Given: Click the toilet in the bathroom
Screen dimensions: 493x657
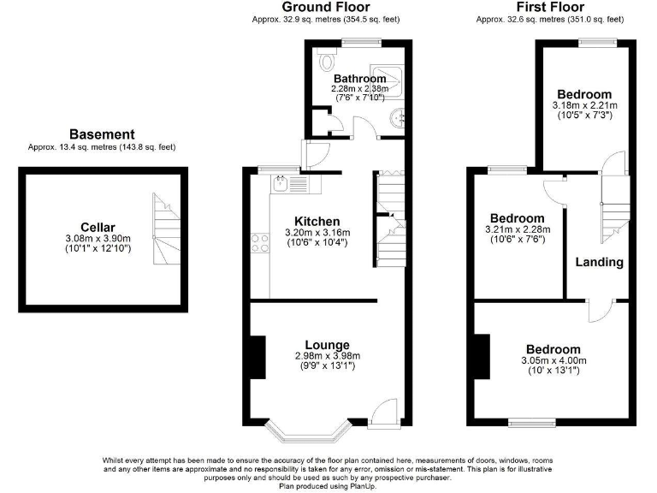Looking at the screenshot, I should (x=327, y=62).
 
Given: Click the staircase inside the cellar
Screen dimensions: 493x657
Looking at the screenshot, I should (x=166, y=229).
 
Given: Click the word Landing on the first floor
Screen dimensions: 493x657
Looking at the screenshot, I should (x=598, y=262).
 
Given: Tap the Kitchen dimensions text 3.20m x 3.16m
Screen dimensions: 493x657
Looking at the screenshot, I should (x=317, y=233).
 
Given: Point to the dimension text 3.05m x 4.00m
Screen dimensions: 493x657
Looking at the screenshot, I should (x=553, y=361).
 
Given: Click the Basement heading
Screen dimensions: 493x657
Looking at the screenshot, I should (x=102, y=134).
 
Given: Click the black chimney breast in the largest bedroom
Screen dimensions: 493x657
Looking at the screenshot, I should (x=482, y=357).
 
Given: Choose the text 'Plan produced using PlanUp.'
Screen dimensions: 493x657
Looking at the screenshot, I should (x=328, y=486).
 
